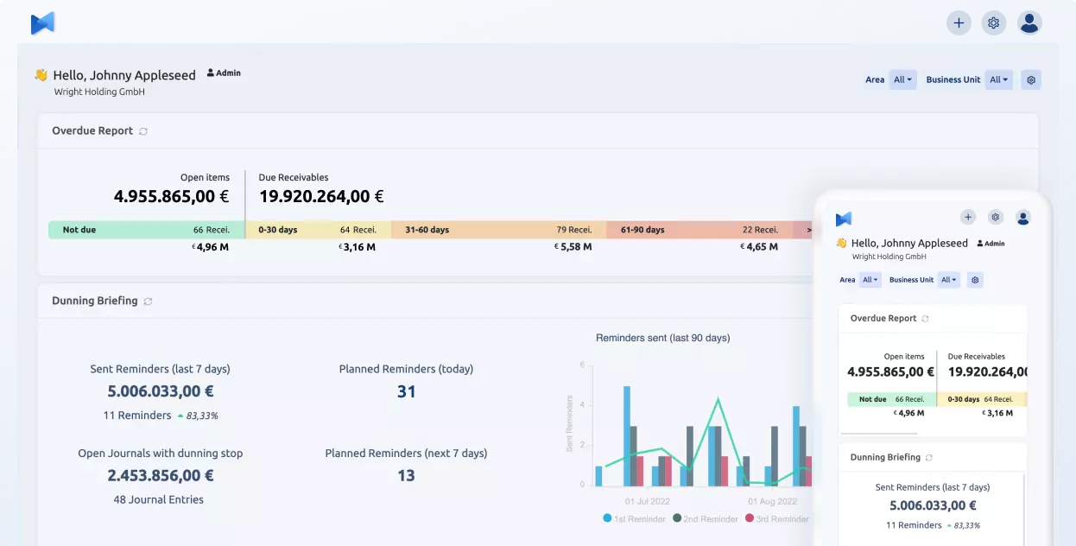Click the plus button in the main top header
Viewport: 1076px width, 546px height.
(x=959, y=23)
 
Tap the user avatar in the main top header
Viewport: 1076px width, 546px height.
(x=1029, y=23)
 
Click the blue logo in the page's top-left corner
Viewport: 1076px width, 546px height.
(x=43, y=23)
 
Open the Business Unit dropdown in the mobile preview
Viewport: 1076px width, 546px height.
(x=950, y=280)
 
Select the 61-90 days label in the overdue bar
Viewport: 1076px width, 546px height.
(x=642, y=230)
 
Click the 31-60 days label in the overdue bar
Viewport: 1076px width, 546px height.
(x=427, y=230)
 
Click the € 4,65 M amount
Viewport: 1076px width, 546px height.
(x=759, y=247)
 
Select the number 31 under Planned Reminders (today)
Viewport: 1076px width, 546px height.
(x=406, y=391)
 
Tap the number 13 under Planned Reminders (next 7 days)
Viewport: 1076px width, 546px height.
(x=406, y=475)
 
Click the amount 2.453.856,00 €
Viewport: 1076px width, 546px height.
(x=160, y=475)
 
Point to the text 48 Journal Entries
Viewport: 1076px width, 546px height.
(x=160, y=499)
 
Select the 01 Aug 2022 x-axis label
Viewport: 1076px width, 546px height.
(x=772, y=501)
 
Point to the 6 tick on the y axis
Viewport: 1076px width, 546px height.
(x=582, y=365)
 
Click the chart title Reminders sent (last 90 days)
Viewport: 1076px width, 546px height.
(x=662, y=338)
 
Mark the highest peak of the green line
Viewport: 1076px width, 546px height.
(x=718, y=399)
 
